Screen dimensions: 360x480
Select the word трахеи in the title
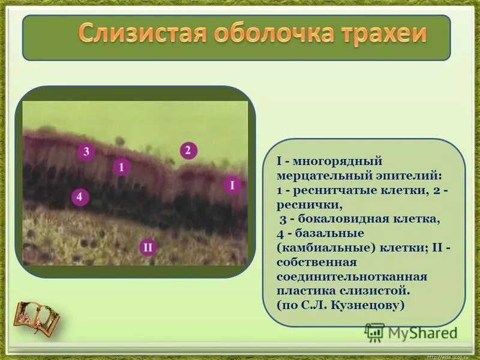click(380, 34)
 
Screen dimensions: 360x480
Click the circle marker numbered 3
click(86, 151)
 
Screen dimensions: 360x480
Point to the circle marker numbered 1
click(122, 167)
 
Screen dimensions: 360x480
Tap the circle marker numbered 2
click(188, 150)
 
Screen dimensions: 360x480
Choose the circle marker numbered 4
click(80, 196)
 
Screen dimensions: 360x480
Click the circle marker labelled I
click(232, 185)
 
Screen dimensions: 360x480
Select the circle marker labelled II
click(148, 247)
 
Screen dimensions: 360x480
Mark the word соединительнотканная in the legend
click(352, 277)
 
